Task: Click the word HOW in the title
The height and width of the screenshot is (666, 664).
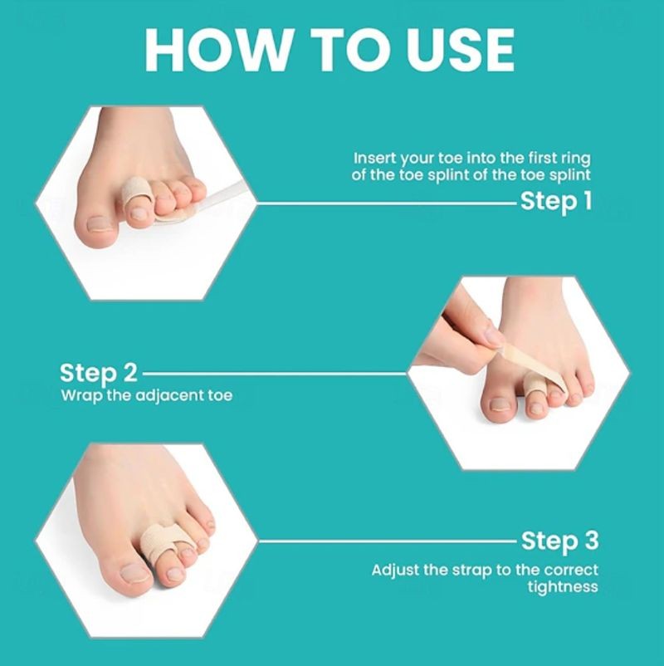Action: pos(217,50)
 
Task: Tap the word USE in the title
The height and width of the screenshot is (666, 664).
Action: pos(460,50)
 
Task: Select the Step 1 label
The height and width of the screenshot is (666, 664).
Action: pos(556,201)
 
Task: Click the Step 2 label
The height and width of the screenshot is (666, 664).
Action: pos(99,374)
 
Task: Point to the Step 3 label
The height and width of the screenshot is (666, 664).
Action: pos(559,541)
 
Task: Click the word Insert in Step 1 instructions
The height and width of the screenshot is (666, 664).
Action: pos(375,158)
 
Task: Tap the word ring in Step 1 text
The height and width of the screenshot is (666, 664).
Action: pos(576,159)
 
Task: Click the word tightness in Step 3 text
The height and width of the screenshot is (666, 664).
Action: pos(563,587)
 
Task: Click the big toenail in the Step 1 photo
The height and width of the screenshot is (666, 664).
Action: pos(101,223)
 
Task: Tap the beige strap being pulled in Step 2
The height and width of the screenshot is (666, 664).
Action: pos(535,362)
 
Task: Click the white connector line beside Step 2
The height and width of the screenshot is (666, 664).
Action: pos(275,375)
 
